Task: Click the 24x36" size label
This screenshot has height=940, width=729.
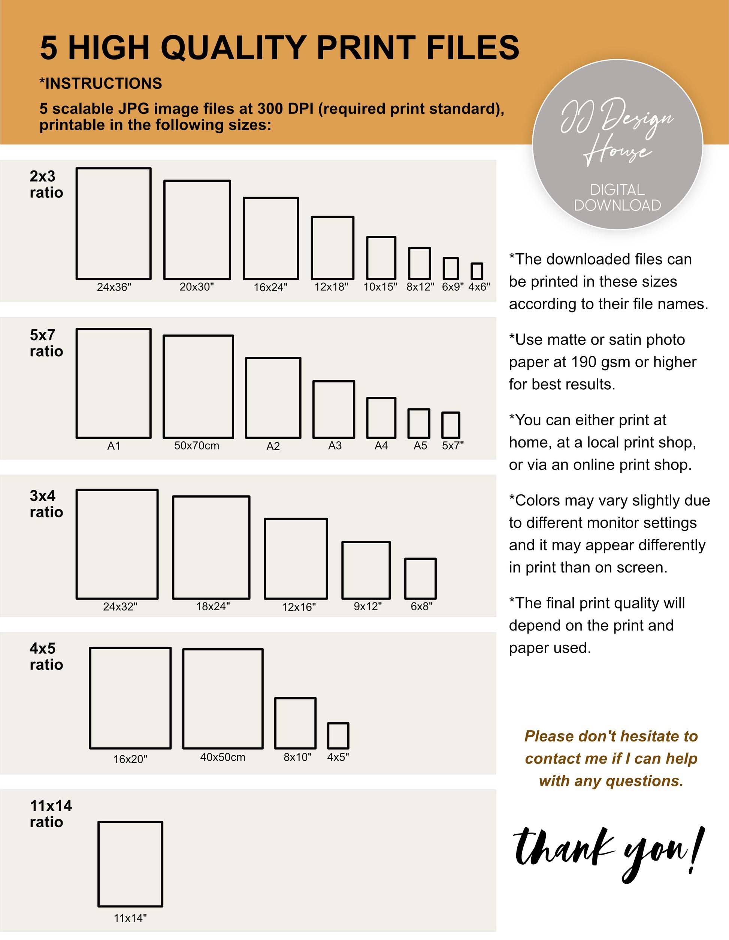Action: pyautogui.click(x=114, y=287)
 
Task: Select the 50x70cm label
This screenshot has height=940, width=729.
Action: pyautogui.click(x=197, y=445)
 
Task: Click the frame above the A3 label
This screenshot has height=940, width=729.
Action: pyautogui.click(x=313, y=409)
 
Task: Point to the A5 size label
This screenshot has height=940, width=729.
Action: pyautogui.click(x=420, y=445)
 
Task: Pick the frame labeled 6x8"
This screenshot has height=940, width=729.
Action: pyautogui.click(x=405, y=578)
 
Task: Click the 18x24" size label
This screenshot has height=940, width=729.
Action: pyautogui.click(x=213, y=607)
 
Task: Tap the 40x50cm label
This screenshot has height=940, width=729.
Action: pyautogui.click(x=223, y=757)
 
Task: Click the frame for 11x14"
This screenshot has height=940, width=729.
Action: pyautogui.click(x=99, y=864)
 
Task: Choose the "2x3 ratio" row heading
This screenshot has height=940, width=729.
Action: pyautogui.click(x=46, y=184)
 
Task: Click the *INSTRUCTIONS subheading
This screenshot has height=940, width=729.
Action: pyautogui.click(x=101, y=83)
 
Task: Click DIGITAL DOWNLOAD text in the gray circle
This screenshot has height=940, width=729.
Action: pyautogui.click(x=617, y=197)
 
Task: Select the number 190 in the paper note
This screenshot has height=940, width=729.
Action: pyautogui.click(x=584, y=362)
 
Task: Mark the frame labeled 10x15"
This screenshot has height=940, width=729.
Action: pyautogui.click(x=367, y=258)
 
